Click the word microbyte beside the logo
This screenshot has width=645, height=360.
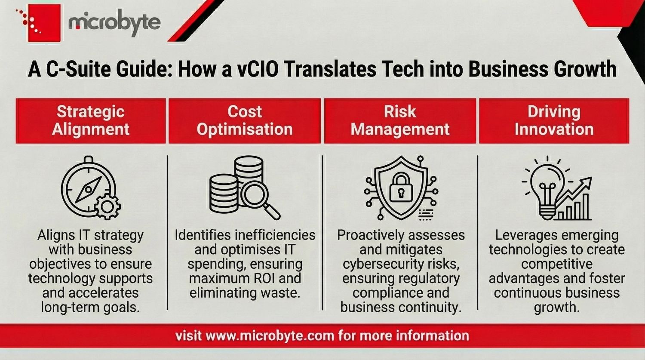pos(114,22)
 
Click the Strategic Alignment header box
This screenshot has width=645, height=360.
pos(91,121)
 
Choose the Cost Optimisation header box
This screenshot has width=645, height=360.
pos(244,121)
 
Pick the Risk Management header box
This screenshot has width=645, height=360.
pos(400,121)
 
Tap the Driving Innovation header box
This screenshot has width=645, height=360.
pos(554,121)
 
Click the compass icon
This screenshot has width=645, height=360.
pos(87,188)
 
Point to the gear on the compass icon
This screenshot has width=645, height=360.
pos(107,207)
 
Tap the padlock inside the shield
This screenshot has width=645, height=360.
pos(400,188)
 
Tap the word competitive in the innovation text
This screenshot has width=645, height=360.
pos(556,264)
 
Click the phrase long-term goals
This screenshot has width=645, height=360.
pos(90,307)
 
